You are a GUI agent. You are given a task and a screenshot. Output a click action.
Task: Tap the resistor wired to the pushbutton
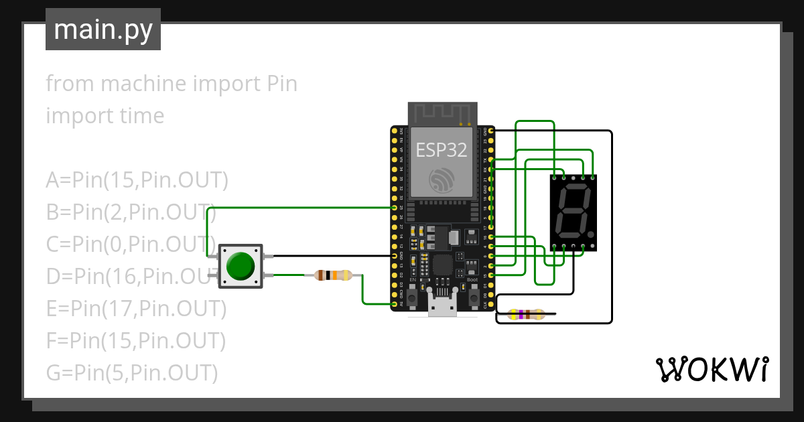coord(333,275)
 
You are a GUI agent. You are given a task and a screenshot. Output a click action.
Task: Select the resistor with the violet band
coord(526,314)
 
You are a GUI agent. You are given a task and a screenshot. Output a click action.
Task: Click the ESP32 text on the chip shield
coord(441,149)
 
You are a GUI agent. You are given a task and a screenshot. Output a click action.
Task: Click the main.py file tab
coord(103,29)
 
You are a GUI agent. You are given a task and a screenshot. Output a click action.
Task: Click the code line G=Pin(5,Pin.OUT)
coord(132,372)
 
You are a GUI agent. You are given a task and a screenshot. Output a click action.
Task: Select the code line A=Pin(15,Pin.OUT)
coord(137,180)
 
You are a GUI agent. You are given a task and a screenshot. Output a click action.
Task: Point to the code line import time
coord(105,116)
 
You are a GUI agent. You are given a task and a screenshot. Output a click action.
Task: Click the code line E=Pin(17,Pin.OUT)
coord(136,308)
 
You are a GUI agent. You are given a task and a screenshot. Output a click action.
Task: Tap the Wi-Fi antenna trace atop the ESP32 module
coord(442,113)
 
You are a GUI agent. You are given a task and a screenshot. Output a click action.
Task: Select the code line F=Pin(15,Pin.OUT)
coord(135,340)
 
